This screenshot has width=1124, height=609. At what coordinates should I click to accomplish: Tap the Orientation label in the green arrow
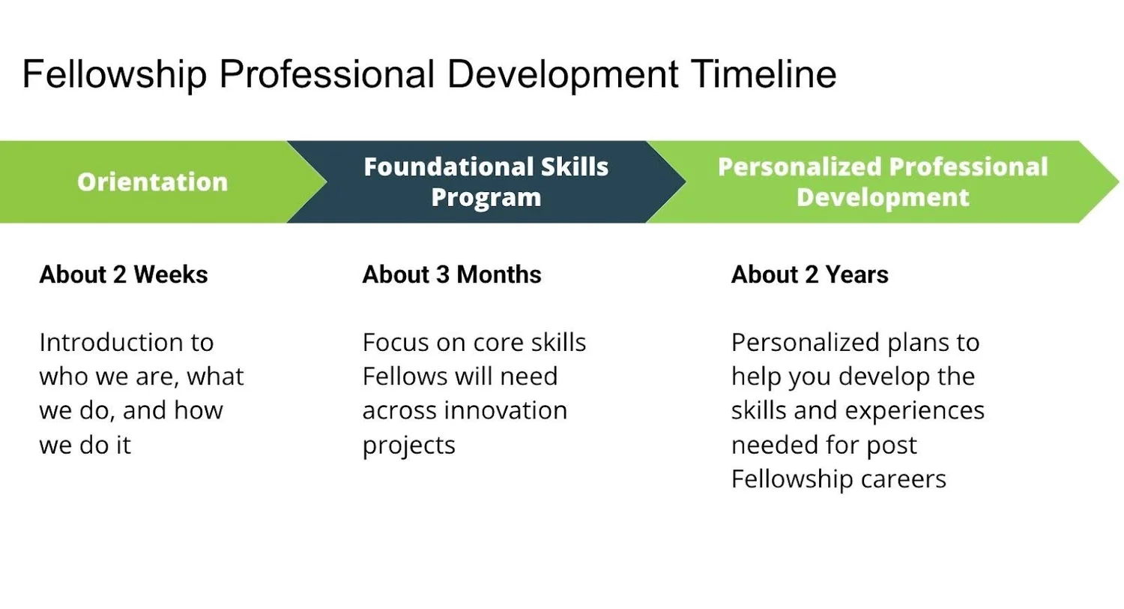tap(152, 181)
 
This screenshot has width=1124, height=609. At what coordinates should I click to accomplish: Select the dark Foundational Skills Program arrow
tap(486, 181)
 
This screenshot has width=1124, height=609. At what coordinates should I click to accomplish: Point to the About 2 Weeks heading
tap(123, 274)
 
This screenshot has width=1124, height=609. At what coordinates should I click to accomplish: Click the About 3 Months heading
tap(452, 274)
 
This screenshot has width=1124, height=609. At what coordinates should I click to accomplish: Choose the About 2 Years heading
tap(809, 274)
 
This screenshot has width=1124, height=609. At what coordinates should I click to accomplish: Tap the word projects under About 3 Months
tap(408, 445)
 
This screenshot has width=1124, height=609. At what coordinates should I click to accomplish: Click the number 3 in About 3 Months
tap(443, 274)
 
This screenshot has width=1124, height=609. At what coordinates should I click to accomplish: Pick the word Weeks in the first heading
tap(170, 274)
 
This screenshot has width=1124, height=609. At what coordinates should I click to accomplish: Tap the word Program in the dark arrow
tap(486, 197)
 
